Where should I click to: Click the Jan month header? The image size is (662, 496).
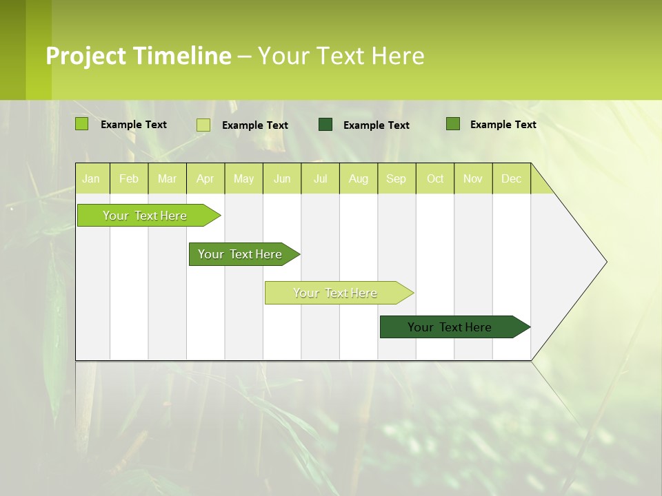click(91, 179)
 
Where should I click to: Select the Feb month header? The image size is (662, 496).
click(129, 179)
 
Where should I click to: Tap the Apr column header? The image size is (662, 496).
click(205, 179)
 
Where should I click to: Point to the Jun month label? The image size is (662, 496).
click(282, 179)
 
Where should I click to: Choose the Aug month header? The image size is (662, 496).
click(358, 179)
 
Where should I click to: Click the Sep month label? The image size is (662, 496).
click(396, 179)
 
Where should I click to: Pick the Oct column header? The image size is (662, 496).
click(435, 179)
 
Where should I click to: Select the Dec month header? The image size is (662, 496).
click(511, 179)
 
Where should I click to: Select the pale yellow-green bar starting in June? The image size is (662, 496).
click(336, 293)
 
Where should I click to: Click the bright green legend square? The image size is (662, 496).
click(82, 124)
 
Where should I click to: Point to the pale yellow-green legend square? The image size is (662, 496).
click(203, 125)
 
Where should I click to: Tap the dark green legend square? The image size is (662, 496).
click(325, 124)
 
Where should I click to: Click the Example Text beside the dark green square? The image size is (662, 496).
click(376, 125)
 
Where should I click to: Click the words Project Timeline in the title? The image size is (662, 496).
click(138, 56)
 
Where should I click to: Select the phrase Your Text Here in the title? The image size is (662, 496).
click(341, 56)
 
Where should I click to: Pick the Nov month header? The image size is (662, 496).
click(473, 179)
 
